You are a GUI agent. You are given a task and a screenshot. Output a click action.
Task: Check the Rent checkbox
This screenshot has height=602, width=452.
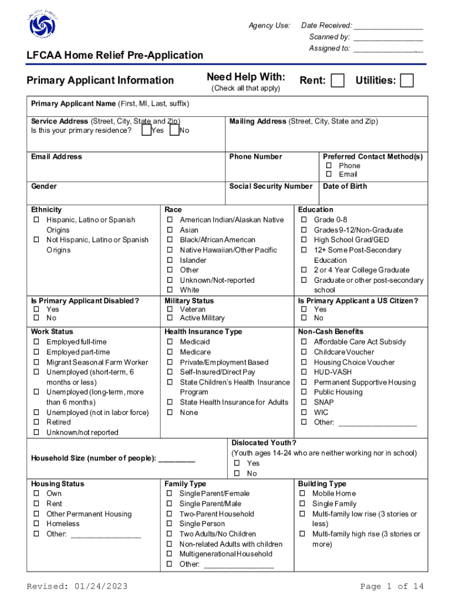point(338,81)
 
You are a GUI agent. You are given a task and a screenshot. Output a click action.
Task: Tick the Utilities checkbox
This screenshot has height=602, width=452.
point(406,81)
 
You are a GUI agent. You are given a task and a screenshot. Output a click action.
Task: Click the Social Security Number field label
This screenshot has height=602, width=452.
point(271,186)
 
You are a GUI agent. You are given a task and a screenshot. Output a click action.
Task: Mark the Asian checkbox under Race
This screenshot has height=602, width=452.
point(170,230)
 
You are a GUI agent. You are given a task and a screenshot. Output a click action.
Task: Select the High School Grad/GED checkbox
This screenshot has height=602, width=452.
point(304,240)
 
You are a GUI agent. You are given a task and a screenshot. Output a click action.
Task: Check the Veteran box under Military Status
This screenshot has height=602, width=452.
point(170,310)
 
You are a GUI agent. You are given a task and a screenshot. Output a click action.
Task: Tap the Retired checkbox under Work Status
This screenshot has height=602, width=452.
point(36,423)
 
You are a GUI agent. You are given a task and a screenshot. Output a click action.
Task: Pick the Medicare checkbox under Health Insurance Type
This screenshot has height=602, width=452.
point(170,352)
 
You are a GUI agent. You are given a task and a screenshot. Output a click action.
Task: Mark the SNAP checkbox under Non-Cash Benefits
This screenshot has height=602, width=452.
point(304,403)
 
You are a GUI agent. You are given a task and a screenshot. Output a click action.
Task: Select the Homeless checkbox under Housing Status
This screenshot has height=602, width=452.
point(36,524)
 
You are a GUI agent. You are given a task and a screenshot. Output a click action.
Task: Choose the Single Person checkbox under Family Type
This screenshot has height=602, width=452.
point(170,524)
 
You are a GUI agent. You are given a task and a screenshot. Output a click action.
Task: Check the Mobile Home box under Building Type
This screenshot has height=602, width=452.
point(303,494)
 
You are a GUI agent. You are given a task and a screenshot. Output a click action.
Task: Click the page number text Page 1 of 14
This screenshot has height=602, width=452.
point(392,587)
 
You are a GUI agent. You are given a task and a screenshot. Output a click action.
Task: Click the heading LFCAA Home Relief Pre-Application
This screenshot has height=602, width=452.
point(115,55)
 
